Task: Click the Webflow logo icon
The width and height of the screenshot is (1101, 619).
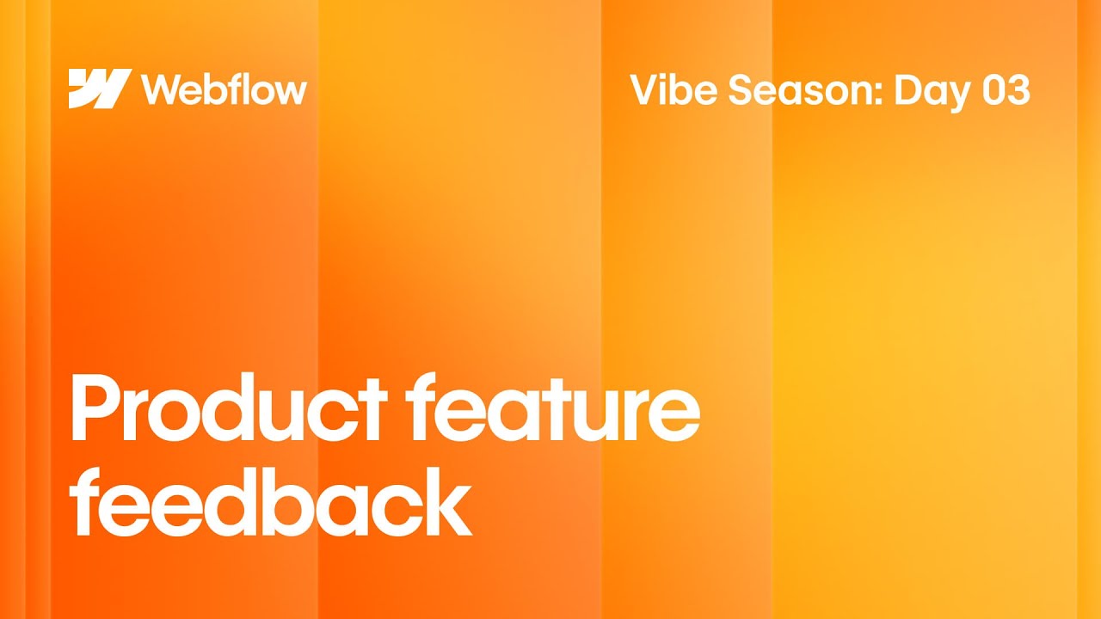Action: [99, 89]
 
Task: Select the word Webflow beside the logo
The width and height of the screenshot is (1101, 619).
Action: [224, 89]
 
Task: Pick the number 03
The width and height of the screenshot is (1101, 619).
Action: [1005, 90]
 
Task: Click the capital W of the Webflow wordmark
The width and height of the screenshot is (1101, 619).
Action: [162, 89]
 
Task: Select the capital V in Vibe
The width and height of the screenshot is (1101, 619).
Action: [645, 90]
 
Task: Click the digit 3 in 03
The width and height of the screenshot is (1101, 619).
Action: [1018, 90]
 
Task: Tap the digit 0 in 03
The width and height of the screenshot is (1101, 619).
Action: [992, 90]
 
